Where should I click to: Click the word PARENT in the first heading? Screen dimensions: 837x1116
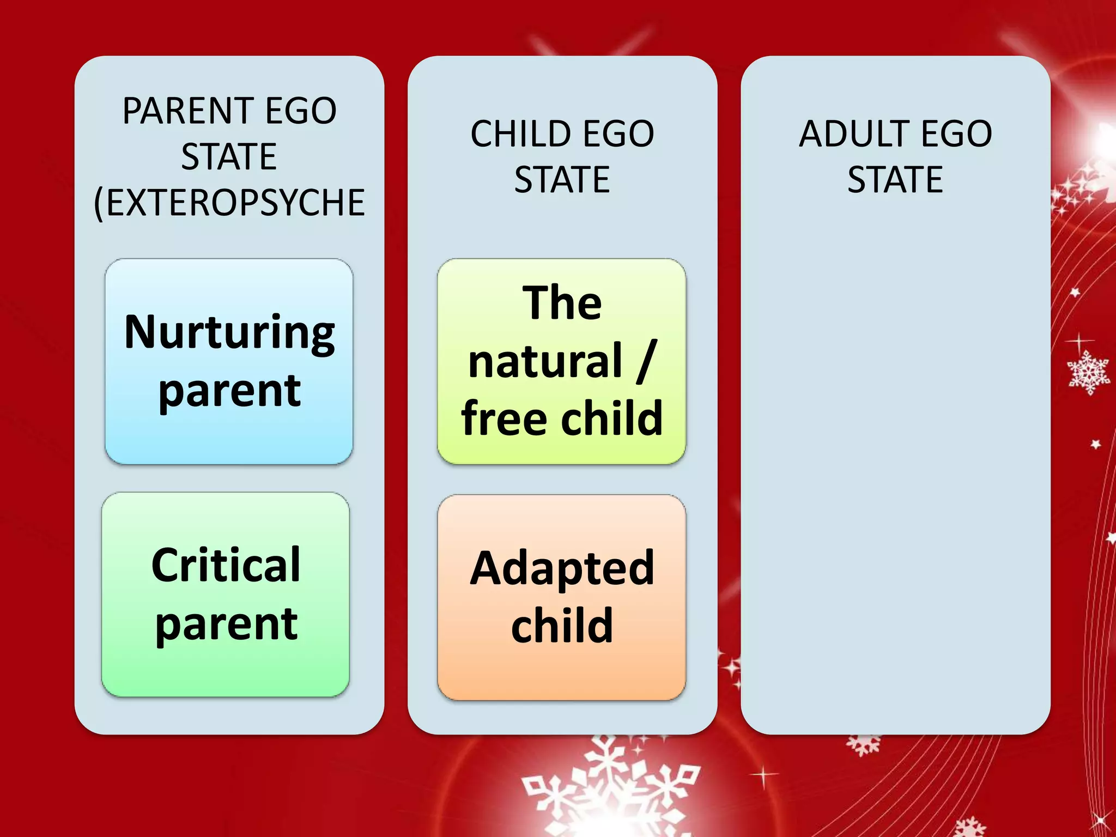(184, 111)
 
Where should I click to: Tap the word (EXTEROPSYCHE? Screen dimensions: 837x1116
(229, 203)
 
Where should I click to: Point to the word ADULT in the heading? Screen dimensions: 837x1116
(853, 134)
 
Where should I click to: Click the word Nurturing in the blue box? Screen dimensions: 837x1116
(229, 332)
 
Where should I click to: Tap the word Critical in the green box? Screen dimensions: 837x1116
(226, 565)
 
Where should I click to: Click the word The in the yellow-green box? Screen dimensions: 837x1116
(562, 303)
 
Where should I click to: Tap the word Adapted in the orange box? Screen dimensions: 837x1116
(562, 568)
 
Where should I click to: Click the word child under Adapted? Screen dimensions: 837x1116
(562, 626)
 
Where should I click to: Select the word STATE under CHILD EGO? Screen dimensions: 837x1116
(562, 180)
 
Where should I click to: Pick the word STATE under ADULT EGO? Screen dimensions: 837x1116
(895, 180)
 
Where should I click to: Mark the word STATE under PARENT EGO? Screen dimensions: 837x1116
(229, 157)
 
